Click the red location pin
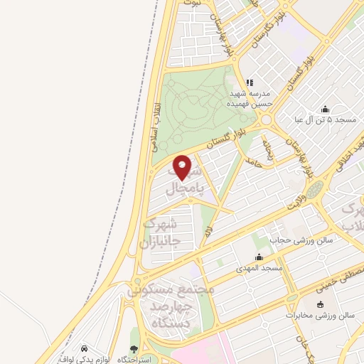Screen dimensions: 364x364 pyautogui.click(x=183, y=168)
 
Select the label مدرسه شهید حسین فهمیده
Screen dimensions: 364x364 pyautogui.click(x=248, y=98)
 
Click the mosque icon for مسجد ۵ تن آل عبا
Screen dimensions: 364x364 pyautogui.click(x=325, y=109)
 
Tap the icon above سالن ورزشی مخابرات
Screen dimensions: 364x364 pyautogui.click(x=319, y=304)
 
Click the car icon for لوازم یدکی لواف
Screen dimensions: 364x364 pyautogui.click(x=85, y=349)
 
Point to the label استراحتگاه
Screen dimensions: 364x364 pyautogui.click(x=147, y=360)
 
